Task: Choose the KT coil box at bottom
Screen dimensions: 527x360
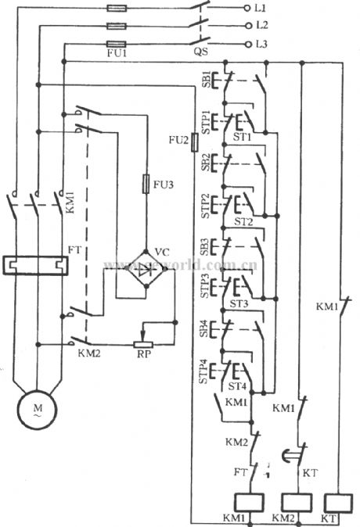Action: click(337, 503)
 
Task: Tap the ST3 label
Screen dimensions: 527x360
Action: click(239, 303)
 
